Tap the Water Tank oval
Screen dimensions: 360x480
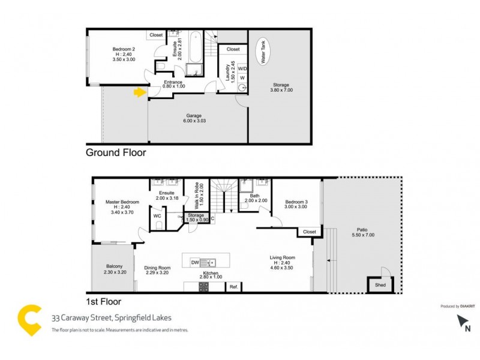point(262,52)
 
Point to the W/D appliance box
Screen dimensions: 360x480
point(242,68)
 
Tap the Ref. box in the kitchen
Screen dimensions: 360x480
point(234,287)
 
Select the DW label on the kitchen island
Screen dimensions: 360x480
point(195,262)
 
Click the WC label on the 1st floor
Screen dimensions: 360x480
point(157,215)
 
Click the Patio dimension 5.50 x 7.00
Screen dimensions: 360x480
point(362,235)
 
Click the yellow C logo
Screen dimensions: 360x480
point(29,320)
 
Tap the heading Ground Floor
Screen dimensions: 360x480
point(116,153)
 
